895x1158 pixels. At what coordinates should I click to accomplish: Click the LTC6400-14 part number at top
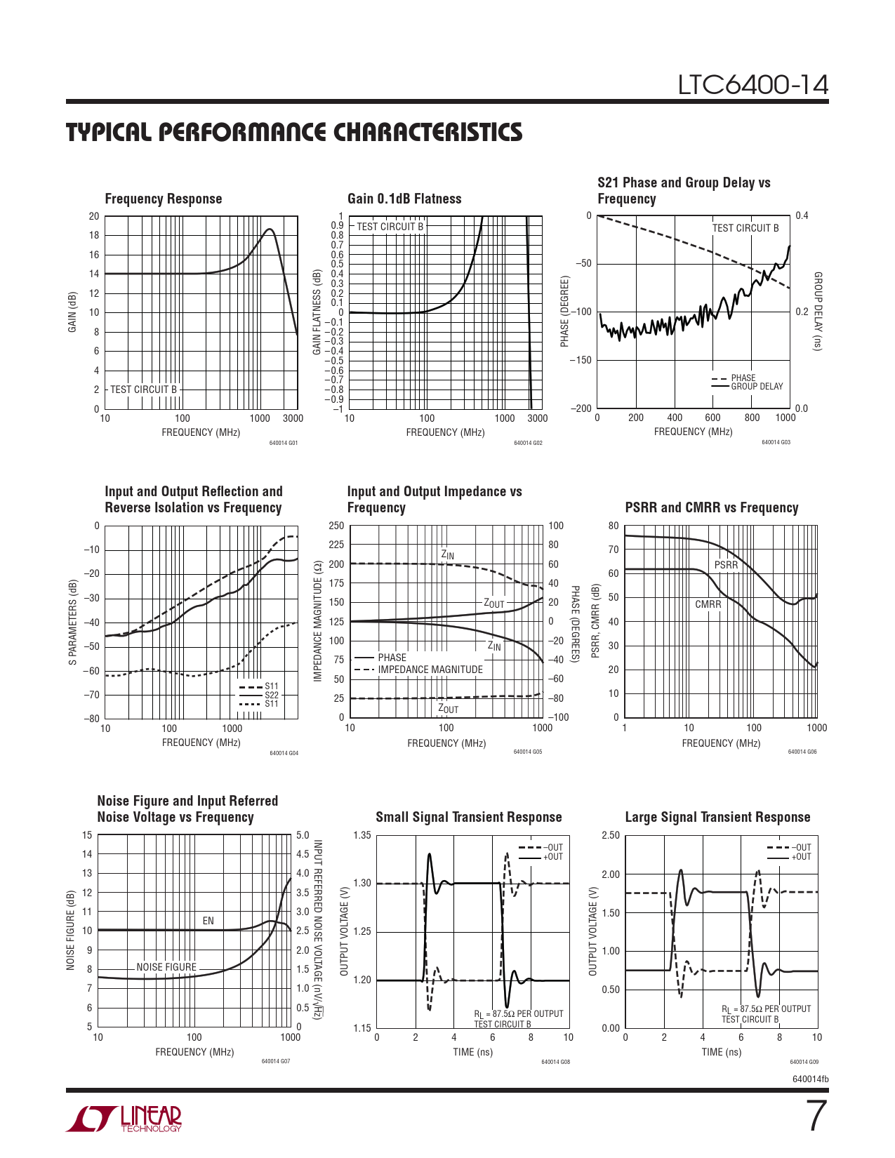(753, 85)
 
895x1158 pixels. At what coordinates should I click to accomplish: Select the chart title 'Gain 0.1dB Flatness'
(404, 199)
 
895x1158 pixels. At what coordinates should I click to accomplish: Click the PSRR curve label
(726, 565)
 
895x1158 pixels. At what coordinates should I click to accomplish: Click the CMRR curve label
(708, 604)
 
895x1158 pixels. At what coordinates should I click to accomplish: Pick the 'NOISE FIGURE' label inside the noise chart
(166, 967)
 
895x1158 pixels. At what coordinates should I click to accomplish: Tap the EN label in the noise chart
(208, 921)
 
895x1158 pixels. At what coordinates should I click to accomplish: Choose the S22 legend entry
(271, 695)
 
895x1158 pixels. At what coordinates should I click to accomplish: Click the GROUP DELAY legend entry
(757, 387)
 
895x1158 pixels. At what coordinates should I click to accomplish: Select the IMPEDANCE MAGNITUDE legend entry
(430, 670)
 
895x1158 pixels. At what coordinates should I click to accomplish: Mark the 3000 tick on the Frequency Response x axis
(293, 418)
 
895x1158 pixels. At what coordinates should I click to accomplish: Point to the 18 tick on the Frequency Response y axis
(94, 235)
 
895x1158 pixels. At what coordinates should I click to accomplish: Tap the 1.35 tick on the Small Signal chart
(362, 835)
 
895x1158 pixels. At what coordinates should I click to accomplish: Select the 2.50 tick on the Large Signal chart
(611, 835)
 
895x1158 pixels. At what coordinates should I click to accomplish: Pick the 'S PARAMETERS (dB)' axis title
(72, 622)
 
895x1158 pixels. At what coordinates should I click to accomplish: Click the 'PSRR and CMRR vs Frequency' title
(711, 507)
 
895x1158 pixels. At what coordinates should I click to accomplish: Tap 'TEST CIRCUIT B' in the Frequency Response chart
(143, 390)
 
